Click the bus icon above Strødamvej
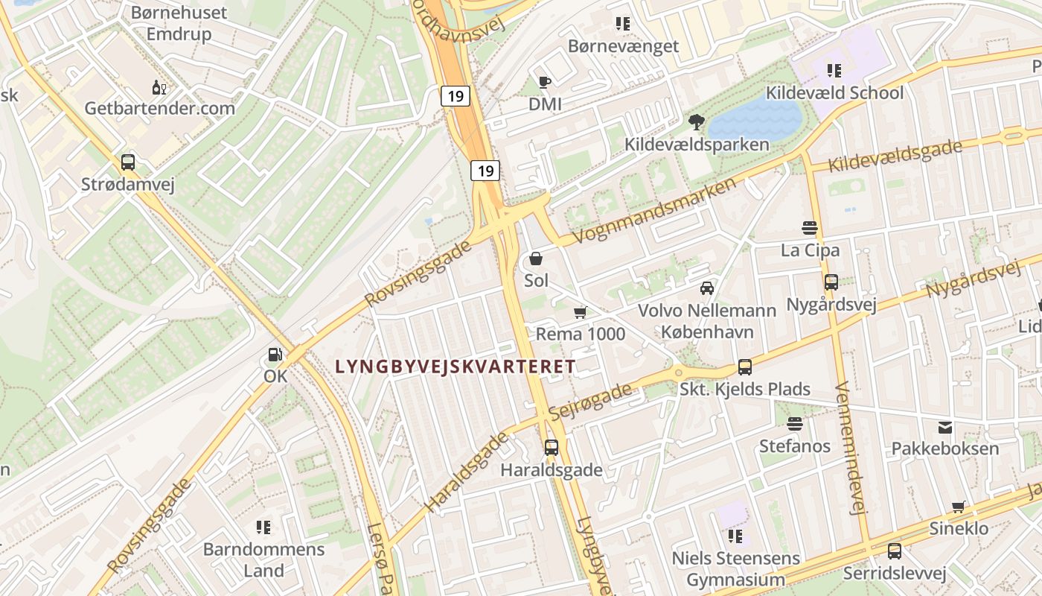pos(128,162)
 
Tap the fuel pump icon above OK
pos(275,355)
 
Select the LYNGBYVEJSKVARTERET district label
pos(456,367)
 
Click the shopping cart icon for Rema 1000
pos(581,313)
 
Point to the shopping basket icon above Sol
pos(536,259)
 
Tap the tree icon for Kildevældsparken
pos(697,121)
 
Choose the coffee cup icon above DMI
pos(545,82)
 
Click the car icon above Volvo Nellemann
pos(707,288)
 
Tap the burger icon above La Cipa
pos(810,228)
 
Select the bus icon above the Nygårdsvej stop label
pos(831,282)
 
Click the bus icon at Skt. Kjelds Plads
pos(745,367)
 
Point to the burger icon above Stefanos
pos(795,424)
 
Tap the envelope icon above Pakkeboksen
pos(945,427)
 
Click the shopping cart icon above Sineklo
pos(959,507)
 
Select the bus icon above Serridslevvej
pos(895,551)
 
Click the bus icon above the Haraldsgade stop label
pos(551,448)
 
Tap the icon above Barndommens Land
pos(263,527)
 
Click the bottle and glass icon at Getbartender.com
pos(159,87)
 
